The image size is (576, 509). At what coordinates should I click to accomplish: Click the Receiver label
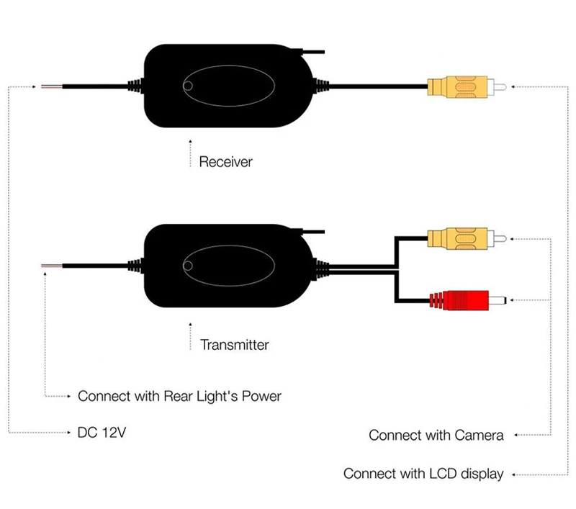coord(225,162)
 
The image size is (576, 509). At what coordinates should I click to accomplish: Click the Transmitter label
coord(235,345)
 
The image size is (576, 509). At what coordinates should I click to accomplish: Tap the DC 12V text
coord(102,432)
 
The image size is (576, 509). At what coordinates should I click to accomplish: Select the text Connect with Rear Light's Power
coord(179,396)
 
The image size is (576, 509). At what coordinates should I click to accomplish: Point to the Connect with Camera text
coord(436,435)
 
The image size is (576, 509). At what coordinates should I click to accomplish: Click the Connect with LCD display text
coord(423,474)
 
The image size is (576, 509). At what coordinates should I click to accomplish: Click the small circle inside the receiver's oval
coord(188,86)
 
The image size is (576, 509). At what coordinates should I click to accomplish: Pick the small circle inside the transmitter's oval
coord(188,266)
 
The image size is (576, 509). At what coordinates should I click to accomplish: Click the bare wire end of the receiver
coord(51,86)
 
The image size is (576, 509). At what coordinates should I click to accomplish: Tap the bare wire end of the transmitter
coord(51,266)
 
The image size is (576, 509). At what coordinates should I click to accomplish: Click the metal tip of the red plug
coord(498,300)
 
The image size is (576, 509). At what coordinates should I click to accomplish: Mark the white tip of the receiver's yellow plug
coord(497,87)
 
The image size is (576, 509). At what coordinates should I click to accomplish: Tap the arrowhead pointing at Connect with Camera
coord(516,435)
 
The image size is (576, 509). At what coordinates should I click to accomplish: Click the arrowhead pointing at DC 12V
coord(68,433)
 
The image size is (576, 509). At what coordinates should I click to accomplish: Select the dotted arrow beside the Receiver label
coord(190,153)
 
